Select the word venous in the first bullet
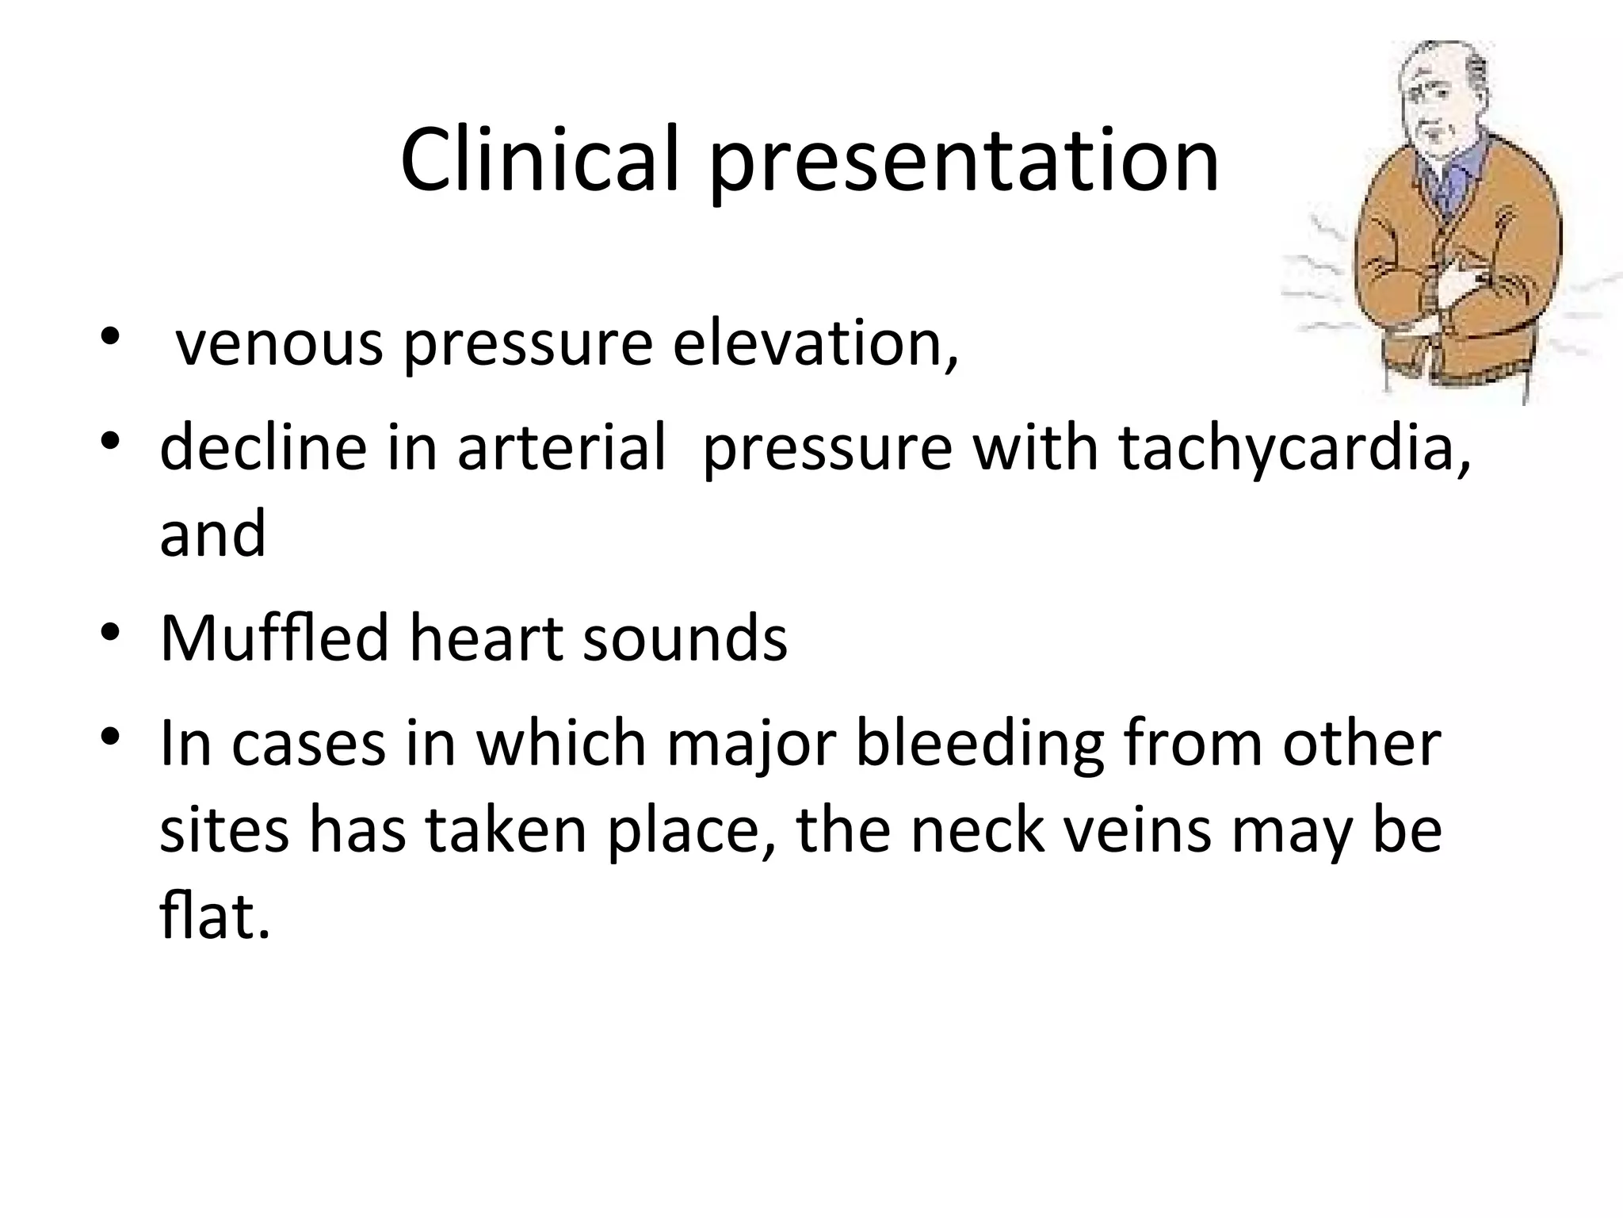coord(279,346)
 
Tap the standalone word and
coord(212,534)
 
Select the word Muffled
coord(274,638)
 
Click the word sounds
coord(685,639)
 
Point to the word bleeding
coord(980,745)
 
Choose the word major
coord(751,745)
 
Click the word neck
coord(977,831)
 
